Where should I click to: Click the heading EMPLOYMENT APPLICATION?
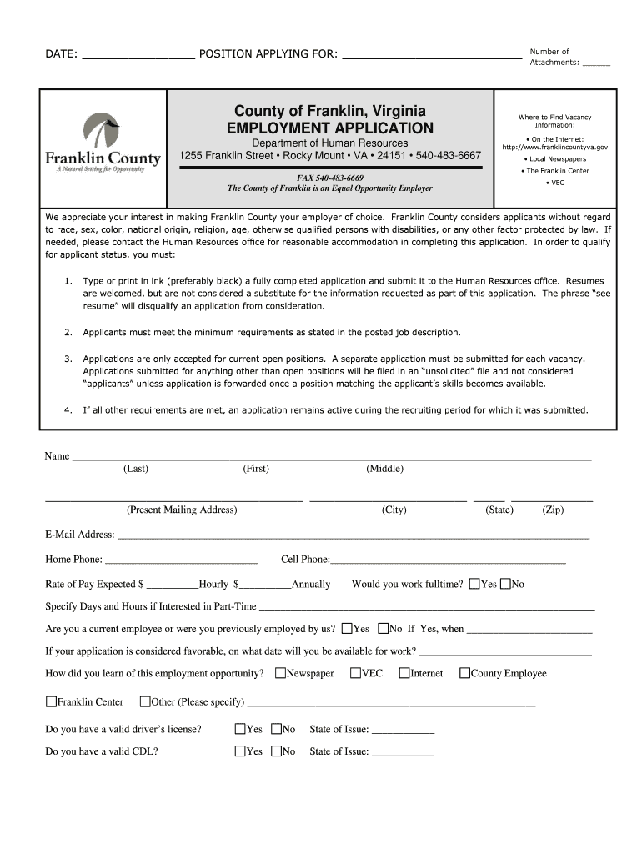point(330,128)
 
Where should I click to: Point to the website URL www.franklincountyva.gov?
point(554,147)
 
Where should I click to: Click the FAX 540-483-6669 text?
point(330,178)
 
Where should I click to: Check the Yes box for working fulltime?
point(474,584)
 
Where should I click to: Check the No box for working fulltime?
point(505,584)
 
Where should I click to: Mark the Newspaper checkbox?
point(280,673)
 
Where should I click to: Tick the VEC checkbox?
point(355,673)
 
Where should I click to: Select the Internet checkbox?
point(404,673)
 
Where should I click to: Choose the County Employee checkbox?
point(465,673)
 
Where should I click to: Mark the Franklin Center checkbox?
point(51,701)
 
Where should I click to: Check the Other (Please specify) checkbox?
point(145,701)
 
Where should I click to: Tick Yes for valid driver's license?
point(240,729)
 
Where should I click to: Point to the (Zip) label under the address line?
point(553,510)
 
